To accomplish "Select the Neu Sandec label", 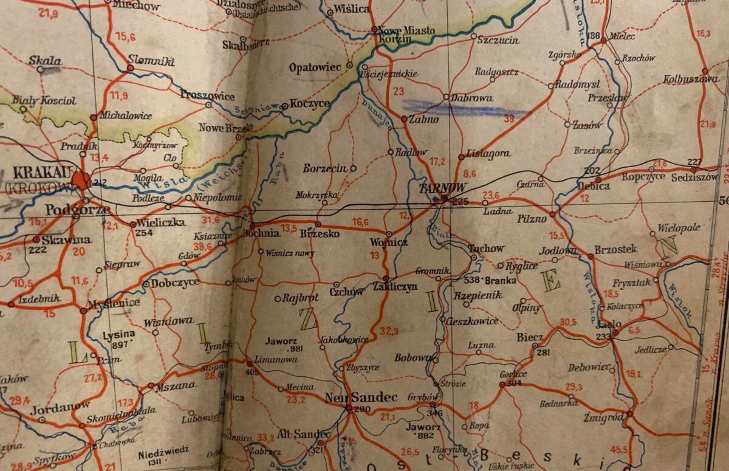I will pyautogui.click(x=361, y=397).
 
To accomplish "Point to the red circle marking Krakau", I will pyautogui.click(x=81, y=180).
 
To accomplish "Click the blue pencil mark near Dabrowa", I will pyautogui.click(x=456, y=108).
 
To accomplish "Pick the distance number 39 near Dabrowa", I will pyautogui.click(x=509, y=118).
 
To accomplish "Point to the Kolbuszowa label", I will pyautogui.click(x=690, y=79).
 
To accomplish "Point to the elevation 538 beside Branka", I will pyautogui.click(x=471, y=280).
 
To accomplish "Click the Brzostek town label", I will pyautogui.click(x=615, y=249).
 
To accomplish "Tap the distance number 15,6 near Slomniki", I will pyautogui.click(x=125, y=37).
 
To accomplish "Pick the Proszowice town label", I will pyautogui.click(x=207, y=95).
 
